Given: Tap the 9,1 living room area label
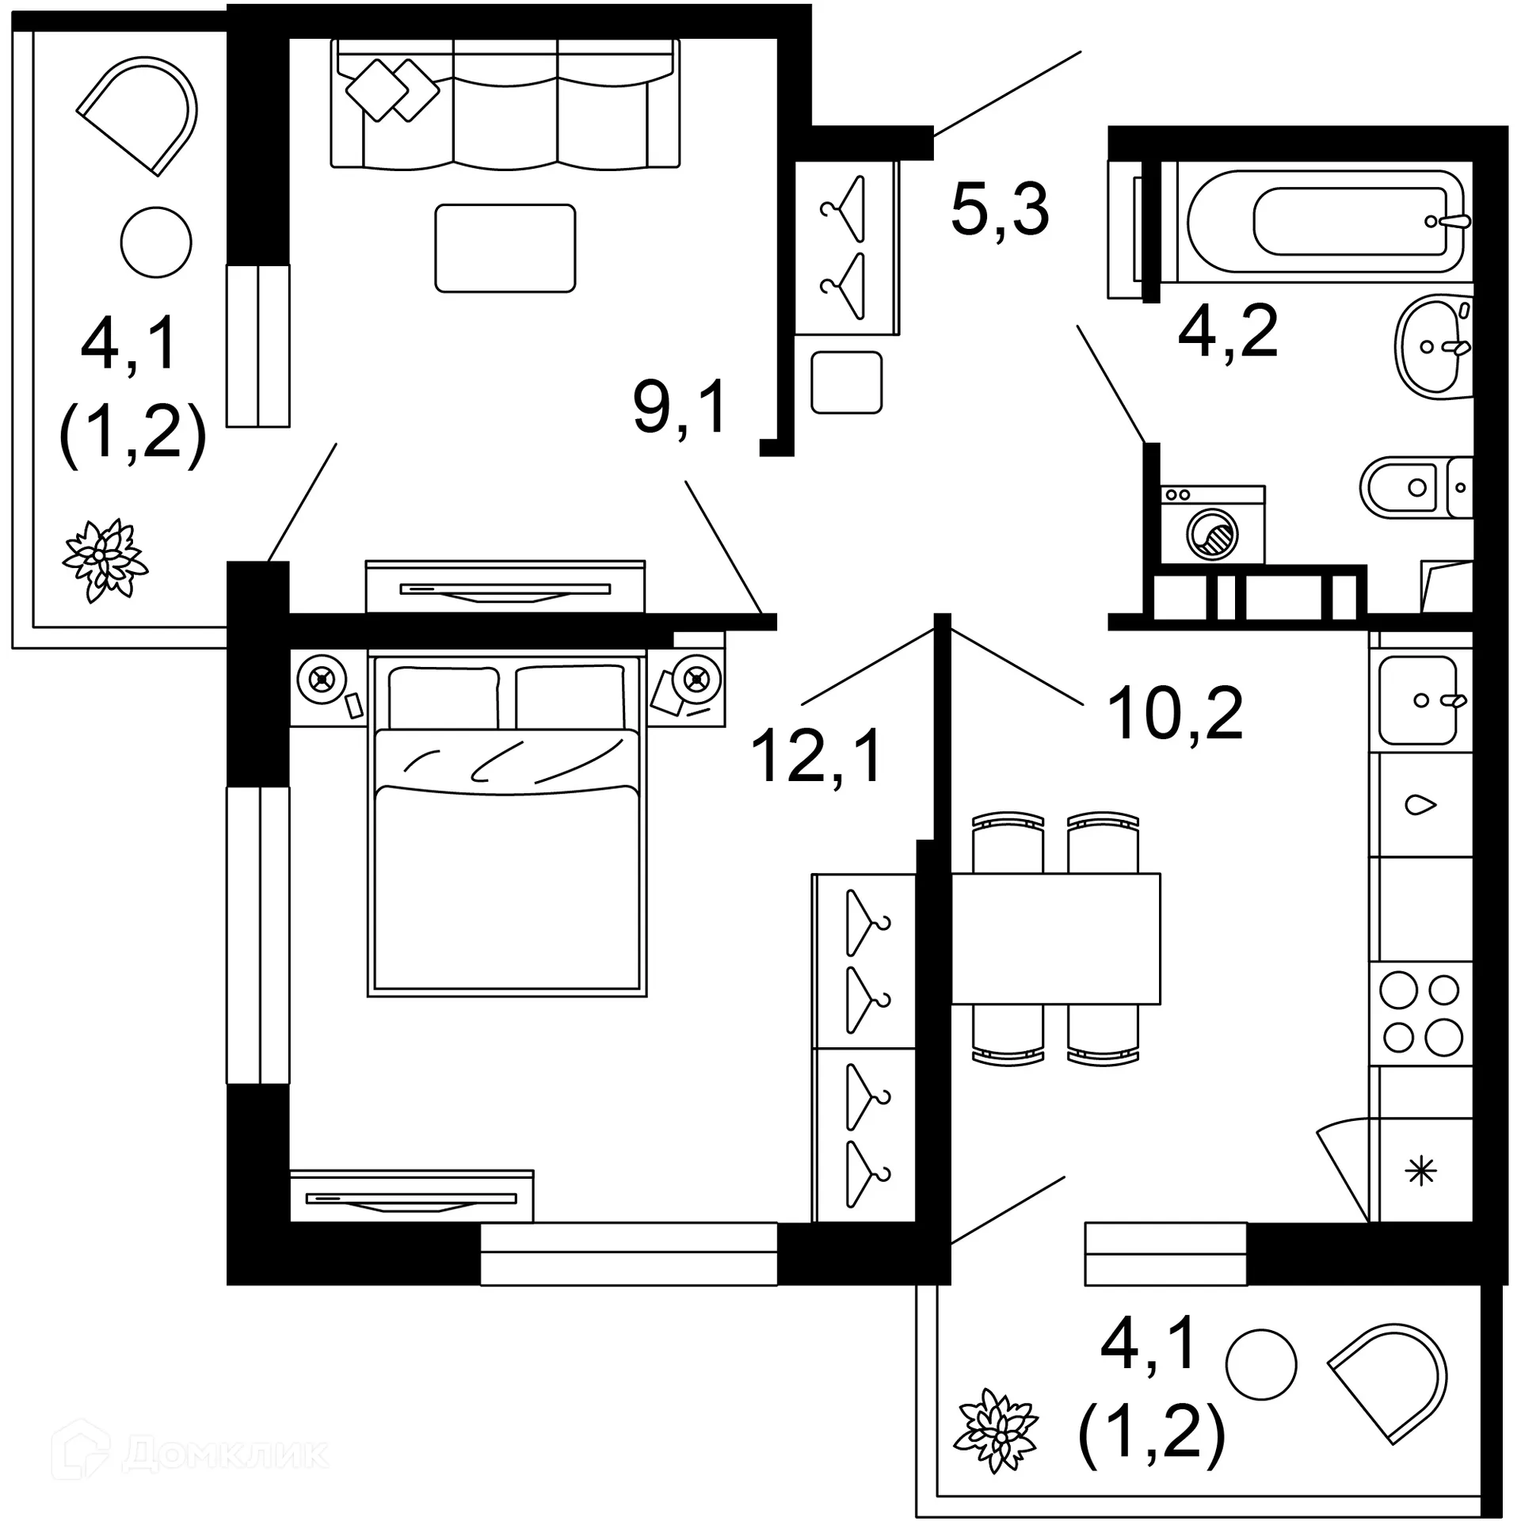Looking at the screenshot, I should [680, 407].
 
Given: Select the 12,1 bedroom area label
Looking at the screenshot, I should [816, 756].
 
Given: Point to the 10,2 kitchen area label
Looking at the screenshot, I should [1176, 714].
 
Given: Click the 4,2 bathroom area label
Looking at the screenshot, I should [1228, 331].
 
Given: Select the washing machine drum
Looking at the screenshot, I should [1212, 536].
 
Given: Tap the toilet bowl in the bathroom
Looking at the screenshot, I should [1406, 487].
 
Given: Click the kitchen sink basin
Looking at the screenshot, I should [1418, 700].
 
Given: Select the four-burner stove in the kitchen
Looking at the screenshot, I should [1421, 1014].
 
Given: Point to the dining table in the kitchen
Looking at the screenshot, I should [1055, 939].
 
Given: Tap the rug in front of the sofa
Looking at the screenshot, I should [505, 248].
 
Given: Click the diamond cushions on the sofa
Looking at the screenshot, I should [392, 90].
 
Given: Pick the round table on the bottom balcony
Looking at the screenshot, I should [1260, 1364].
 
